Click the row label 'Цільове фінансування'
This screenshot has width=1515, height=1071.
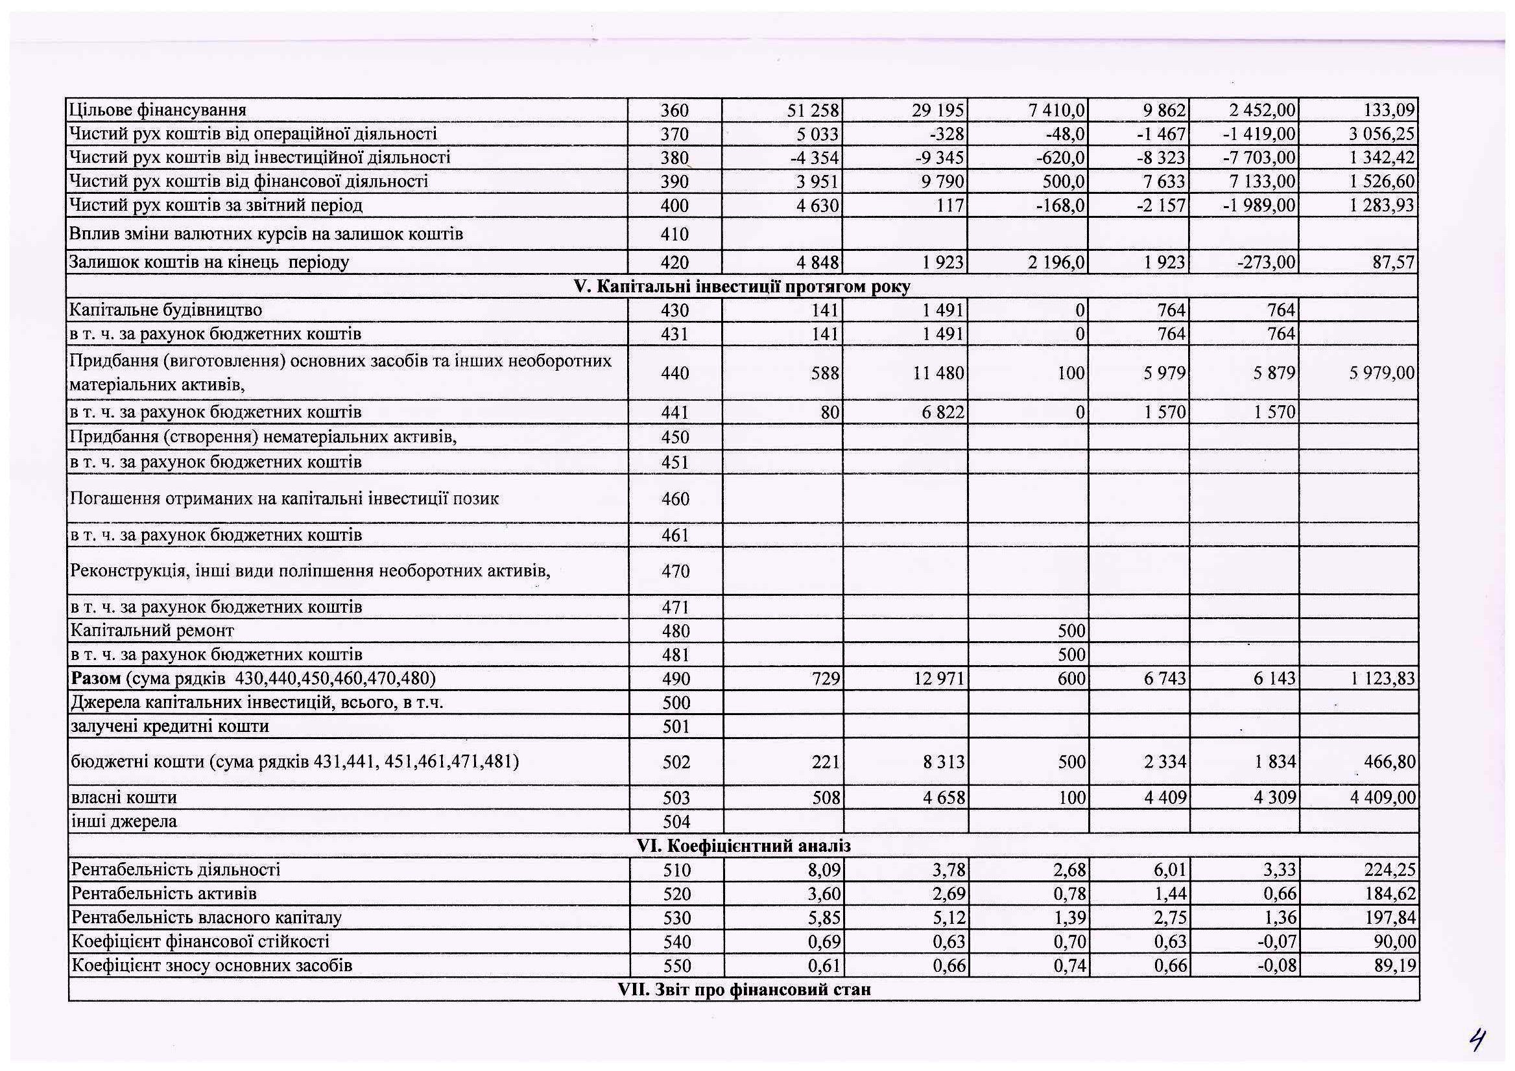pos(158,110)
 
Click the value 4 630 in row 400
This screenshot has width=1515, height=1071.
pos(818,206)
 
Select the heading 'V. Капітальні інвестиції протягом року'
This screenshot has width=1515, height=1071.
pos(743,287)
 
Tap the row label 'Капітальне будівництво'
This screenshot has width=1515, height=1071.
pos(166,310)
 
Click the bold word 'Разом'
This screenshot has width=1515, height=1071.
pos(96,679)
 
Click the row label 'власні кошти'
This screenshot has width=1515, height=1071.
pos(124,798)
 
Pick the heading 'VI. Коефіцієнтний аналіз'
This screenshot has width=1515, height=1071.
pos(744,846)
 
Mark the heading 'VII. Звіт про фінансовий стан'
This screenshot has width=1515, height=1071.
pos(744,989)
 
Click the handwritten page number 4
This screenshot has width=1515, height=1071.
pos(1477,1041)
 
